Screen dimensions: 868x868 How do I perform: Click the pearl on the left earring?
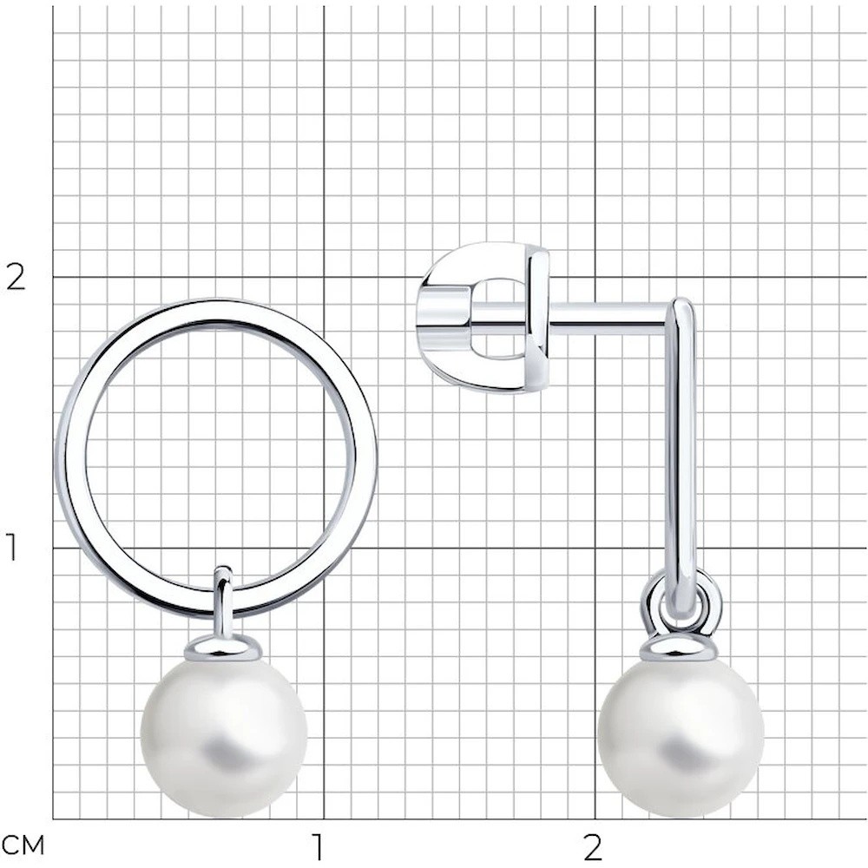[x=224, y=737]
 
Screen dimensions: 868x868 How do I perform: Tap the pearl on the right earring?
[x=681, y=737]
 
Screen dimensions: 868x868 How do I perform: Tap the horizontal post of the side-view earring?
[x=609, y=312]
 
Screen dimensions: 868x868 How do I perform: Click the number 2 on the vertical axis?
[x=16, y=277]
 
